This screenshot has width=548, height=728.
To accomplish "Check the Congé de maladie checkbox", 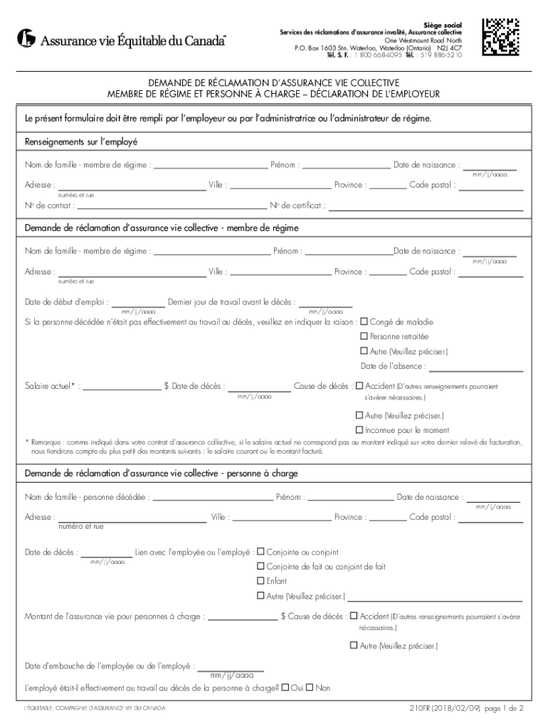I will pyautogui.click(x=364, y=321).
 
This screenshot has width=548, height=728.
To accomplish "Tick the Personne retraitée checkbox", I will pyautogui.click(x=364, y=336).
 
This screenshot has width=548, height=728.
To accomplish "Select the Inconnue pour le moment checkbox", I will pyautogui.click(x=359, y=430).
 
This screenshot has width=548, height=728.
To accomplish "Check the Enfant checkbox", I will pyautogui.click(x=260, y=581).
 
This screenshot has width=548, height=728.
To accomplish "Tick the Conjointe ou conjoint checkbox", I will pyautogui.click(x=260, y=552).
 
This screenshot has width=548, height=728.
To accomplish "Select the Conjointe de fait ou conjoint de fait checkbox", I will pyautogui.click(x=260, y=567).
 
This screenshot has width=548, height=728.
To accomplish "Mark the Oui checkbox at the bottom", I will pyautogui.click(x=285, y=687).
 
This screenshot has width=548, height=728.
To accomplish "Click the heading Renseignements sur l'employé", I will pyautogui.click(x=81, y=141).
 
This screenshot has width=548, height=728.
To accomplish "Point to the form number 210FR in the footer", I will pyautogui.click(x=423, y=709).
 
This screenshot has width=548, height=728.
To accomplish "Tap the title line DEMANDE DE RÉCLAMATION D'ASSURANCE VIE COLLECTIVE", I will pyautogui.click(x=274, y=82).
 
